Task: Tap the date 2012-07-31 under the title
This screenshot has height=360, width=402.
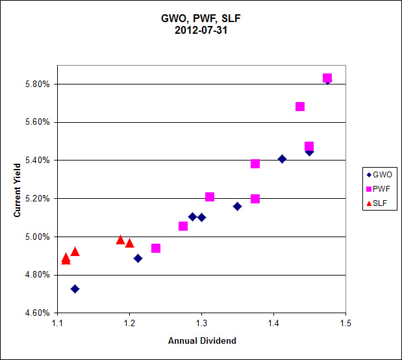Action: pyautogui.click(x=201, y=31)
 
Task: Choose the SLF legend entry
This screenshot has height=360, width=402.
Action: pyautogui.click(x=377, y=203)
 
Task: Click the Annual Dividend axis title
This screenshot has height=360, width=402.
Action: pyautogui.click(x=202, y=341)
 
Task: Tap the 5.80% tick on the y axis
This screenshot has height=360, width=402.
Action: pyautogui.click(x=37, y=84)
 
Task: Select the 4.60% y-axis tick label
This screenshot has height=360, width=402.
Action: pyautogui.click(x=37, y=313)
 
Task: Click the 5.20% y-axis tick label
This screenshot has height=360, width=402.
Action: pyautogui.click(x=37, y=199)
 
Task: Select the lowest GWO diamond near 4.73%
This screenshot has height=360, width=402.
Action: pyautogui.click(x=75, y=289)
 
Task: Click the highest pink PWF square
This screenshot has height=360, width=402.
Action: pyautogui.click(x=327, y=78)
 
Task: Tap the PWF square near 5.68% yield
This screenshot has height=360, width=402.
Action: pyautogui.click(x=300, y=107)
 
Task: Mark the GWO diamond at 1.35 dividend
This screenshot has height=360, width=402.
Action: pyautogui.click(x=237, y=206)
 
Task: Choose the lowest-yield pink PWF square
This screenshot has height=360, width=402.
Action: pyautogui.click(x=156, y=248)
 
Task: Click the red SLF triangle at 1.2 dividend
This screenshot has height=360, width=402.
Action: pyautogui.click(x=129, y=243)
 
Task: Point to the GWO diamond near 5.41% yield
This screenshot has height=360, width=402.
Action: pyautogui.click(x=282, y=159)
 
